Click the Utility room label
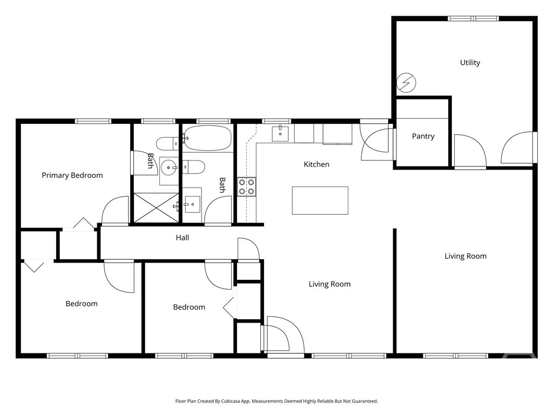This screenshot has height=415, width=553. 470,63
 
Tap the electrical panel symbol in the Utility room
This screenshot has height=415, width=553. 407,83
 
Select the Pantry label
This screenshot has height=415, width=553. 423,136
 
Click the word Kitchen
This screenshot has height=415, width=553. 316,164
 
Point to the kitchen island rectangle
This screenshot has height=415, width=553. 320,200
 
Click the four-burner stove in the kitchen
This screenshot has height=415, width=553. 247,186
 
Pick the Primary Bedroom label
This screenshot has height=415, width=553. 72,175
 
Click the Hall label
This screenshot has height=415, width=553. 182,237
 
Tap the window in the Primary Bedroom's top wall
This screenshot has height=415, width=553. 93,121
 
